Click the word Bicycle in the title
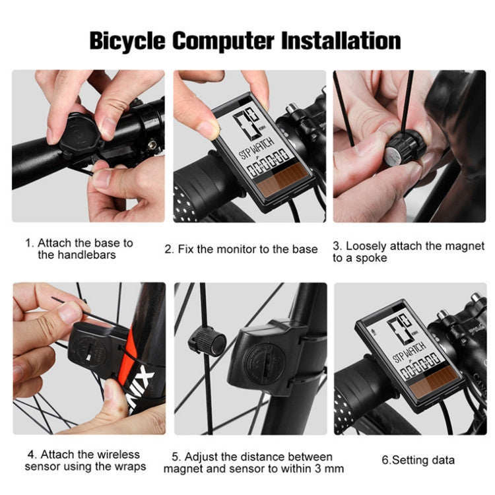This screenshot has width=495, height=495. (127, 41)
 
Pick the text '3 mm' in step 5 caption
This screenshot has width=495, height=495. (329, 469)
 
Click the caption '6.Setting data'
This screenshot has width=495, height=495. (418, 460)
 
